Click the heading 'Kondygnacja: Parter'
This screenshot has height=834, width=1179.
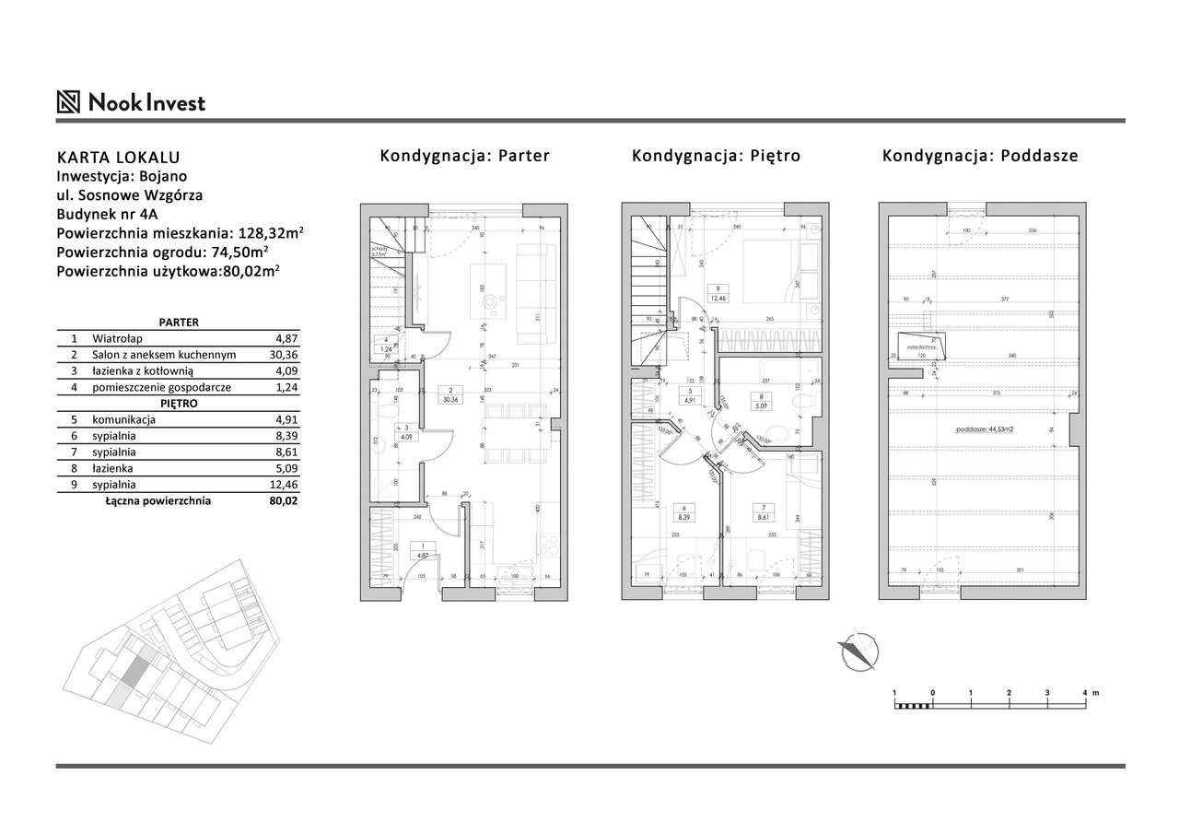click(464, 156)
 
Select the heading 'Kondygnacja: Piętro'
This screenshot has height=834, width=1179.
click(716, 156)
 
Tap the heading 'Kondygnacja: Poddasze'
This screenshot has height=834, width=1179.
click(980, 156)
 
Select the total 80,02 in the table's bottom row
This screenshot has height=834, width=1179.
click(286, 501)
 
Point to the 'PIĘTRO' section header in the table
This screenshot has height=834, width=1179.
click(178, 404)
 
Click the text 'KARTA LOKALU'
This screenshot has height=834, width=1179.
click(118, 157)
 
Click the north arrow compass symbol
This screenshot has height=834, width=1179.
click(857, 648)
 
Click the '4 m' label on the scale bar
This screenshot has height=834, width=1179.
click(1090, 692)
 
